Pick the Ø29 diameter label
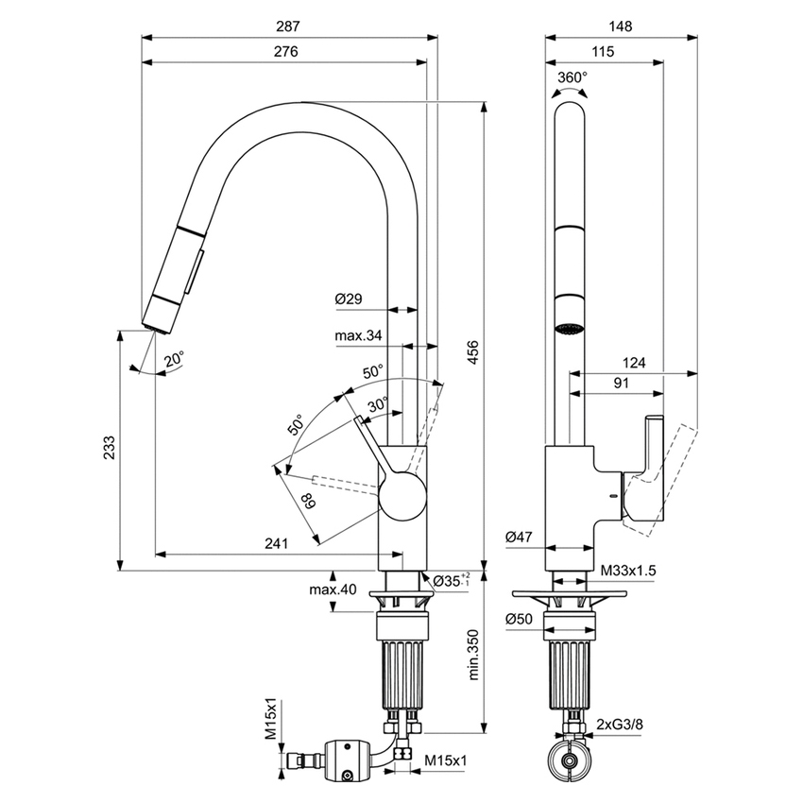(350, 299)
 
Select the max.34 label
(358, 335)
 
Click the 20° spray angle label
(174, 359)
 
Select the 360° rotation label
(572, 77)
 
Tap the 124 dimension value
(634, 362)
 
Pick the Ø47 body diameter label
(520, 537)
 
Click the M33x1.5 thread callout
(629, 572)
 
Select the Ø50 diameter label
(520, 619)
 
